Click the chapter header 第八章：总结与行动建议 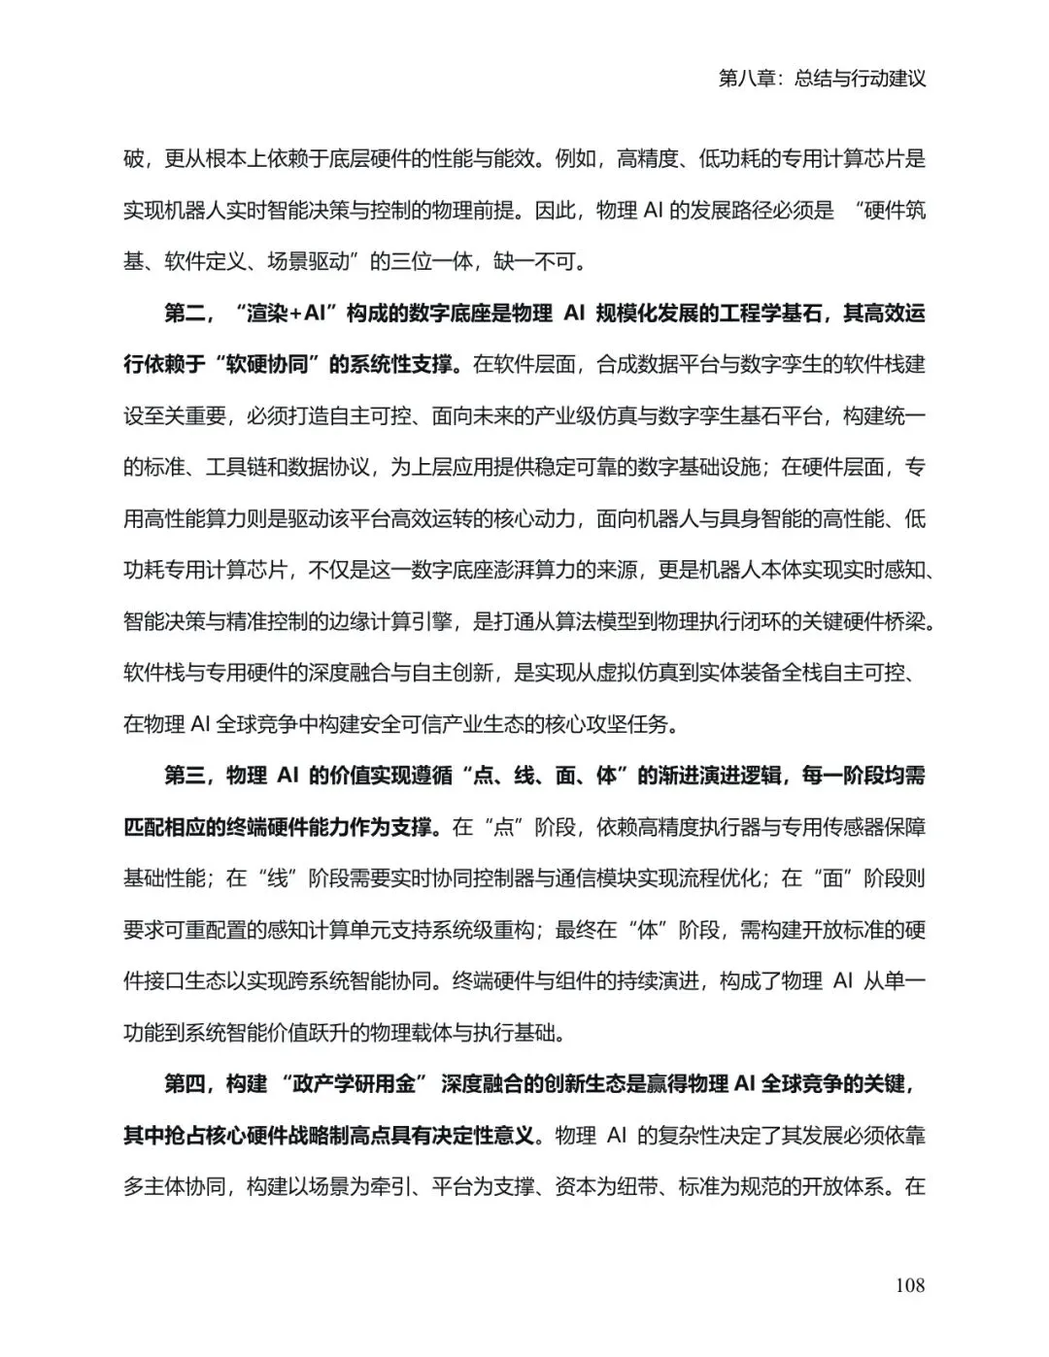pyautogui.click(x=822, y=79)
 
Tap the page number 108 pyautogui.click(x=909, y=1285)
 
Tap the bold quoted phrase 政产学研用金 pyautogui.click(x=358, y=1084)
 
